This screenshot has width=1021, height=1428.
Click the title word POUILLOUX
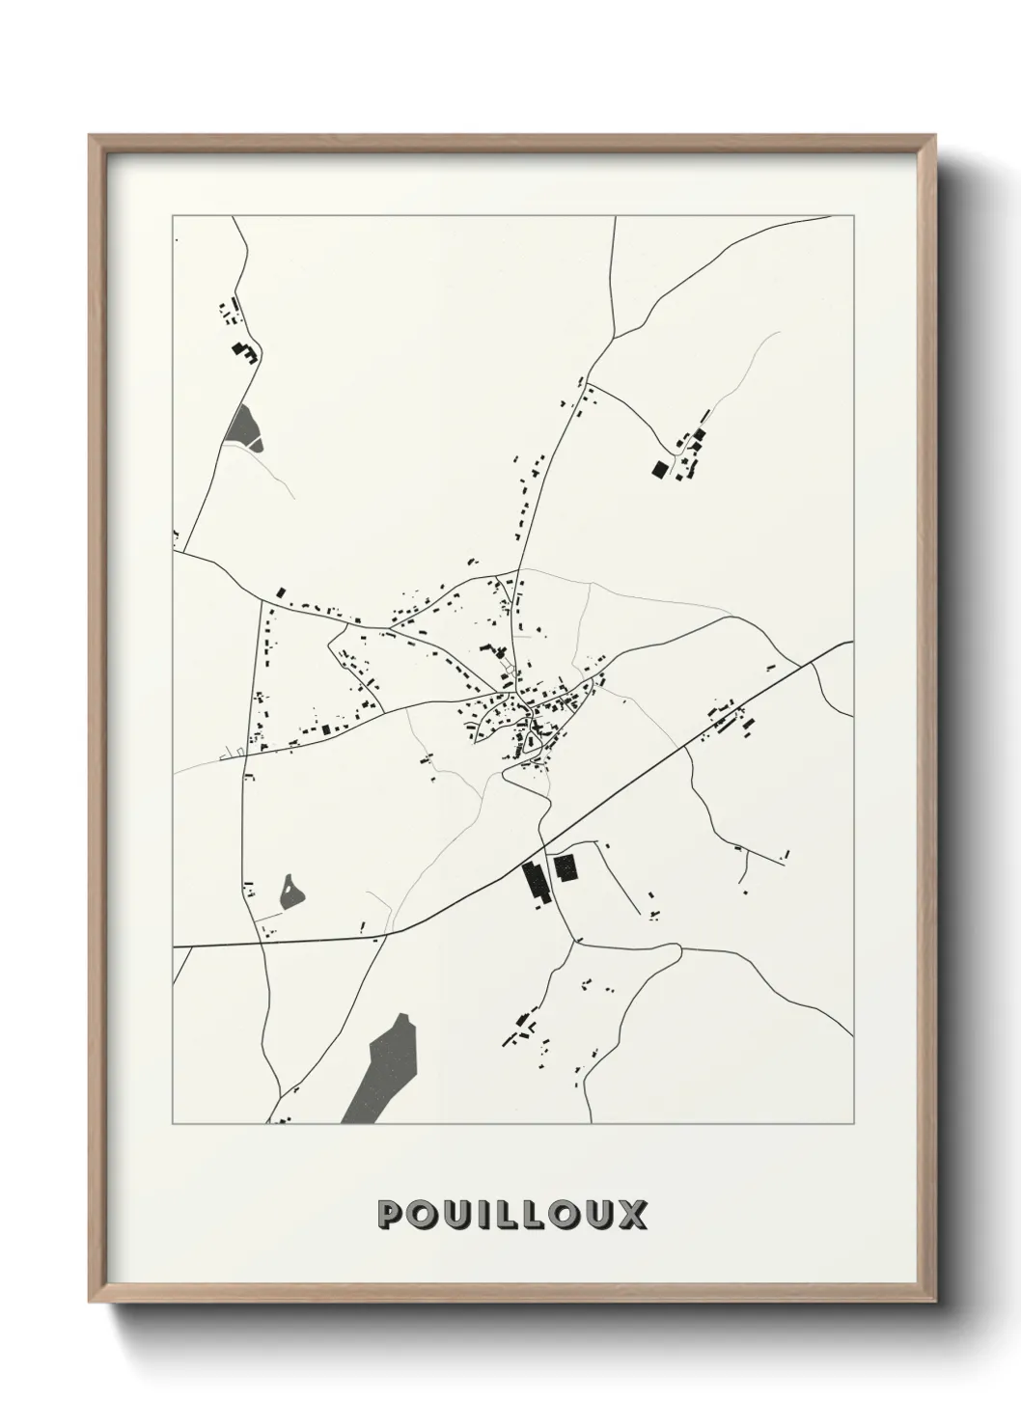click(512, 1214)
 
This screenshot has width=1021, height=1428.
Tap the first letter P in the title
click(392, 1214)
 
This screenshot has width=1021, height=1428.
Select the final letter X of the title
click(633, 1214)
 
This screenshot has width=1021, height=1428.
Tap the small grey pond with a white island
click(290, 892)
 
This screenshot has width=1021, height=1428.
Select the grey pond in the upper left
click(242, 426)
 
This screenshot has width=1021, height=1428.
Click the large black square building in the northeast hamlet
click(660, 469)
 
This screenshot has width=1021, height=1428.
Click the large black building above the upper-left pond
click(241, 351)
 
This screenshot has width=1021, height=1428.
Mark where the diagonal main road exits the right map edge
click(851, 642)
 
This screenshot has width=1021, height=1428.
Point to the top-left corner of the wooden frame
click(91, 136)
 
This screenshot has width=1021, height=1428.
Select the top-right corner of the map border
click(854, 215)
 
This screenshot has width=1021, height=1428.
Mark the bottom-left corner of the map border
click(173, 1124)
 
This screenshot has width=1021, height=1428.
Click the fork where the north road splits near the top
click(588, 384)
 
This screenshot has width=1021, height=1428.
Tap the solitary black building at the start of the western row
click(282, 592)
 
